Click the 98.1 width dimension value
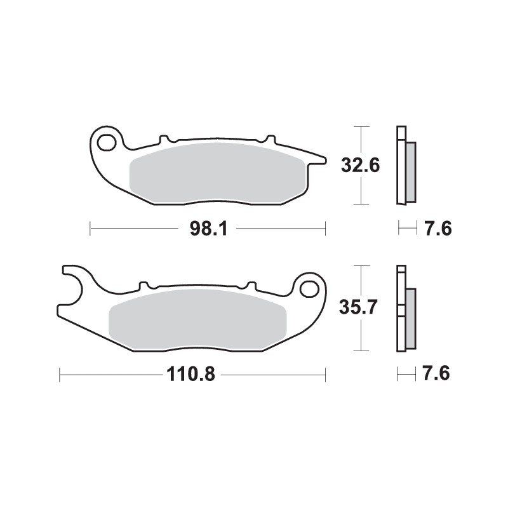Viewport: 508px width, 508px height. click(x=208, y=229)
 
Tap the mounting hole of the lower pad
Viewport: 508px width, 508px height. click(x=310, y=288)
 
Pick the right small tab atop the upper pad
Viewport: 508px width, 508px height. click(x=269, y=138)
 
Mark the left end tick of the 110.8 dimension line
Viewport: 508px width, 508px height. click(x=60, y=375)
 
